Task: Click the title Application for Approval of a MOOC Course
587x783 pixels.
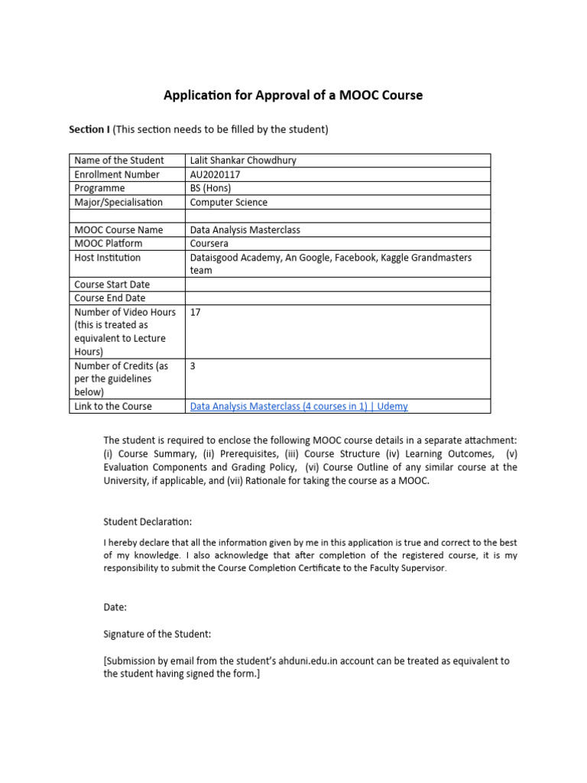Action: coord(293,96)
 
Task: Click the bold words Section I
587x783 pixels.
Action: coord(89,129)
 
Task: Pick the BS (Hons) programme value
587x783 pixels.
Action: coord(210,188)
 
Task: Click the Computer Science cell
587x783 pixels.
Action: coord(229,202)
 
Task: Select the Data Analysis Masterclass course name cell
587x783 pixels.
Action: coord(245,229)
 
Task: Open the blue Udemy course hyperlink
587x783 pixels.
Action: coord(298,406)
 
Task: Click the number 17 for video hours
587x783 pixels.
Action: coord(195,312)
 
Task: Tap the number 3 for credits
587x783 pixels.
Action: coord(193,366)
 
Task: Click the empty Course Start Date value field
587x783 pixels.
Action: coord(336,284)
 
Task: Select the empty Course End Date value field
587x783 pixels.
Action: coord(336,298)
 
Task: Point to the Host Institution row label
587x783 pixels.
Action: coord(108,258)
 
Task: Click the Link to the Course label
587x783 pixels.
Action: coord(113,406)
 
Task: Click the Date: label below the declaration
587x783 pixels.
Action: coord(115,606)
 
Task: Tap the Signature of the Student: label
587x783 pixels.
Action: coord(157,634)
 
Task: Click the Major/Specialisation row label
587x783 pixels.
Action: coord(118,202)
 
